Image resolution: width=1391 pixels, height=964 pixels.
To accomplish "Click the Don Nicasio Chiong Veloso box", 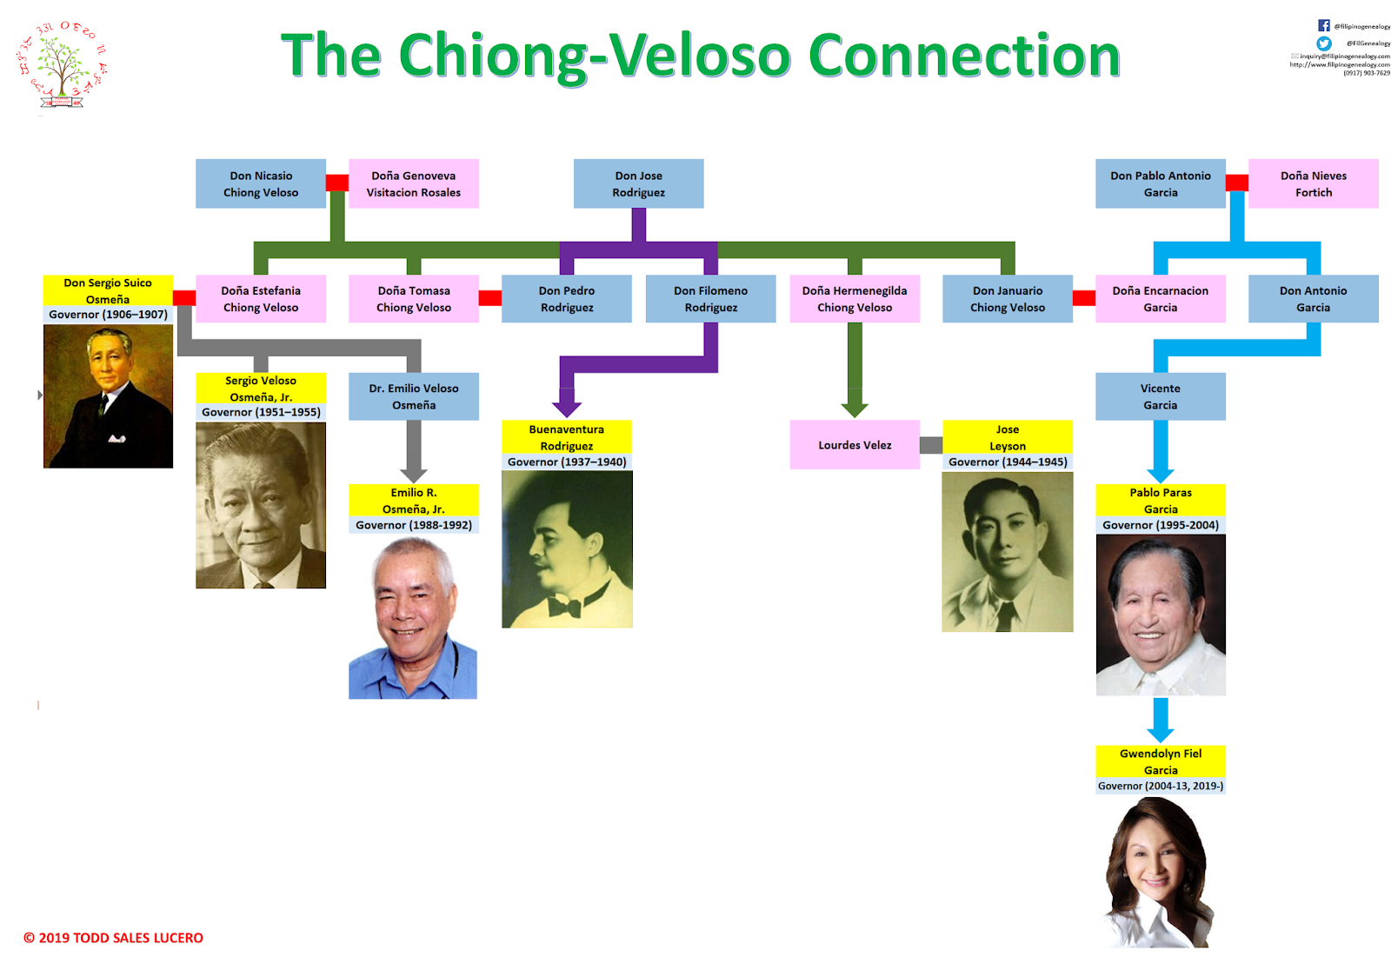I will click(261, 183).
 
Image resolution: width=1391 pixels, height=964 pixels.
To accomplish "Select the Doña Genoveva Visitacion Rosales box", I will click(414, 183).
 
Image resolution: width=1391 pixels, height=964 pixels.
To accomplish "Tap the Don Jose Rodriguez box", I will click(638, 183).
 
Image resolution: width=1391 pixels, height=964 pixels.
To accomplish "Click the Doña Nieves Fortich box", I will click(1313, 183).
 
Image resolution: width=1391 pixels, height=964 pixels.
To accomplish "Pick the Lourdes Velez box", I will click(855, 445).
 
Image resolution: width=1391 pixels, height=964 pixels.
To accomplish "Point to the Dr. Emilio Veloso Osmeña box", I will click(414, 396).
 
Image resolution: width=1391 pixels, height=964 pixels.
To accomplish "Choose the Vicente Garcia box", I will click(1160, 396).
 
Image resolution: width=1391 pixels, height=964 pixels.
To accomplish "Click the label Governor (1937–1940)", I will click(567, 462).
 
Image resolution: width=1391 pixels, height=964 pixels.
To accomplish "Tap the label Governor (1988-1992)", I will click(414, 525).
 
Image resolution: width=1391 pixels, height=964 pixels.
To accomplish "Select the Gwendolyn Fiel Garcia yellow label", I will click(1160, 761).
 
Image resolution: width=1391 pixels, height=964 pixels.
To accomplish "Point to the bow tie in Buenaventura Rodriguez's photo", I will click(565, 607).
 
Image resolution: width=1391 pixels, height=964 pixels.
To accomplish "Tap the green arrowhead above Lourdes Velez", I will click(855, 409).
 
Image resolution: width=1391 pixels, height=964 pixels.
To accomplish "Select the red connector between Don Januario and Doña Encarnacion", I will click(1083, 298).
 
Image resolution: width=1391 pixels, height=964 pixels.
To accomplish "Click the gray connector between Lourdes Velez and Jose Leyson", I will click(931, 445).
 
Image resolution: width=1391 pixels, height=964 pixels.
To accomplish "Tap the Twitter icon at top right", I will click(1323, 43).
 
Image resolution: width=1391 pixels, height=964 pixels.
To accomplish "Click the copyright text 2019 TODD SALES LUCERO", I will click(114, 938).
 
